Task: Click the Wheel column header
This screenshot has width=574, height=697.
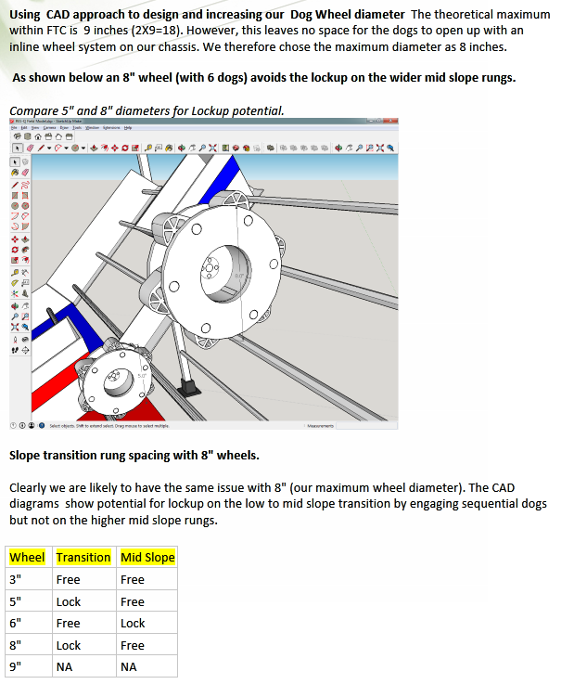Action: coord(27,557)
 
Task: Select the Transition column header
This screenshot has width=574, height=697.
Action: coord(83,557)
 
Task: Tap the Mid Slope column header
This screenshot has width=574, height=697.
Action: coord(147,557)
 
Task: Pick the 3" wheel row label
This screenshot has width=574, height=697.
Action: coord(16,579)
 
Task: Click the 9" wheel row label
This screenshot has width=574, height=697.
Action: coord(16,666)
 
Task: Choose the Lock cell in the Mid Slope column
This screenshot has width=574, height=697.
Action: coord(133,623)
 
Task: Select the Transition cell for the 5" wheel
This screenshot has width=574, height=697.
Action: coord(69,601)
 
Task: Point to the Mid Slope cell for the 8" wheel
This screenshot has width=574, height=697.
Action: coord(133,645)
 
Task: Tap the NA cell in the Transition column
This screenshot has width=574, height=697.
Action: coord(65,666)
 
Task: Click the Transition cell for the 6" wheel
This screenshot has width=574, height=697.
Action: coord(69,623)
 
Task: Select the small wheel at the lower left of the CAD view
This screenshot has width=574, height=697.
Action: coord(115,377)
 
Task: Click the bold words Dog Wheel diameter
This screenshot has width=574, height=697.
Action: coord(353,15)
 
